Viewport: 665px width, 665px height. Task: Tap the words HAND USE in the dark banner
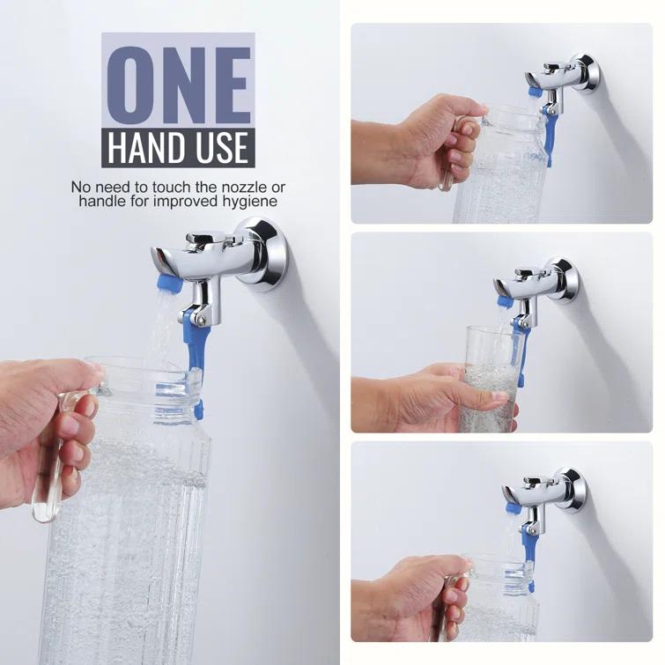178,147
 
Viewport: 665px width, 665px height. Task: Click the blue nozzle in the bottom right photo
513,508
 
